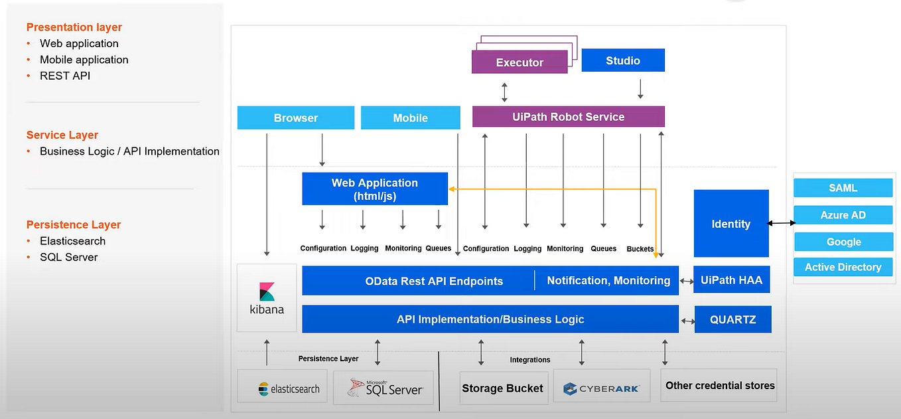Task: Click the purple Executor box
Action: tap(520, 62)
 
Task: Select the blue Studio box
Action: tap(622, 60)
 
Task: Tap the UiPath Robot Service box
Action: tap(568, 117)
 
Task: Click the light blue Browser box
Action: tap(295, 118)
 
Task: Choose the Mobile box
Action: tap(410, 118)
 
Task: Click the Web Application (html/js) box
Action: tap(375, 189)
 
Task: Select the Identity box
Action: tap(730, 224)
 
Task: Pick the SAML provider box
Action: tap(843, 188)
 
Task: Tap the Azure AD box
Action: tap(843, 215)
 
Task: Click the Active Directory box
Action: tap(843, 267)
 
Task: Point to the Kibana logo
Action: tap(267, 298)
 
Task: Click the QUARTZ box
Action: tap(732, 319)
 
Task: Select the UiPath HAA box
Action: tap(731, 280)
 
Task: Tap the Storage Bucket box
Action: tap(502, 388)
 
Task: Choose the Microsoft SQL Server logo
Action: tap(385, 388)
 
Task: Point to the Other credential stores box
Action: tap(719, 385)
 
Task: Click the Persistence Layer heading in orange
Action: tap(74, 224)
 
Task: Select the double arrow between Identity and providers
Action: tap(782, 223)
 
